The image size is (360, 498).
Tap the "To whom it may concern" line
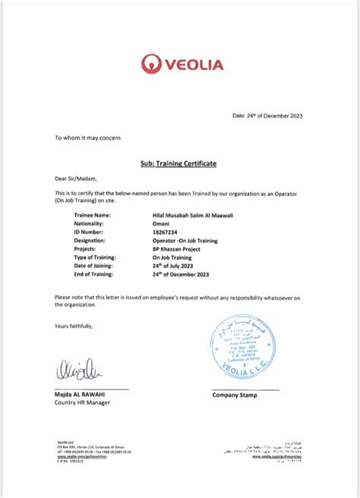pyautogui.click(x=87, y=138)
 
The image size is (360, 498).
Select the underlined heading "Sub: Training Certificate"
pyautogui.click(x=179, y=163)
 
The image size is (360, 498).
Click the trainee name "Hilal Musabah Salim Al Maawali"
pyautogui.click(x=193, y=215)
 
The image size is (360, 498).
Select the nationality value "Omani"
pyautogui.click(x=161, y=225)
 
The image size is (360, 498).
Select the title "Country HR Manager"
pyautogui.click(x=82, y=403)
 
